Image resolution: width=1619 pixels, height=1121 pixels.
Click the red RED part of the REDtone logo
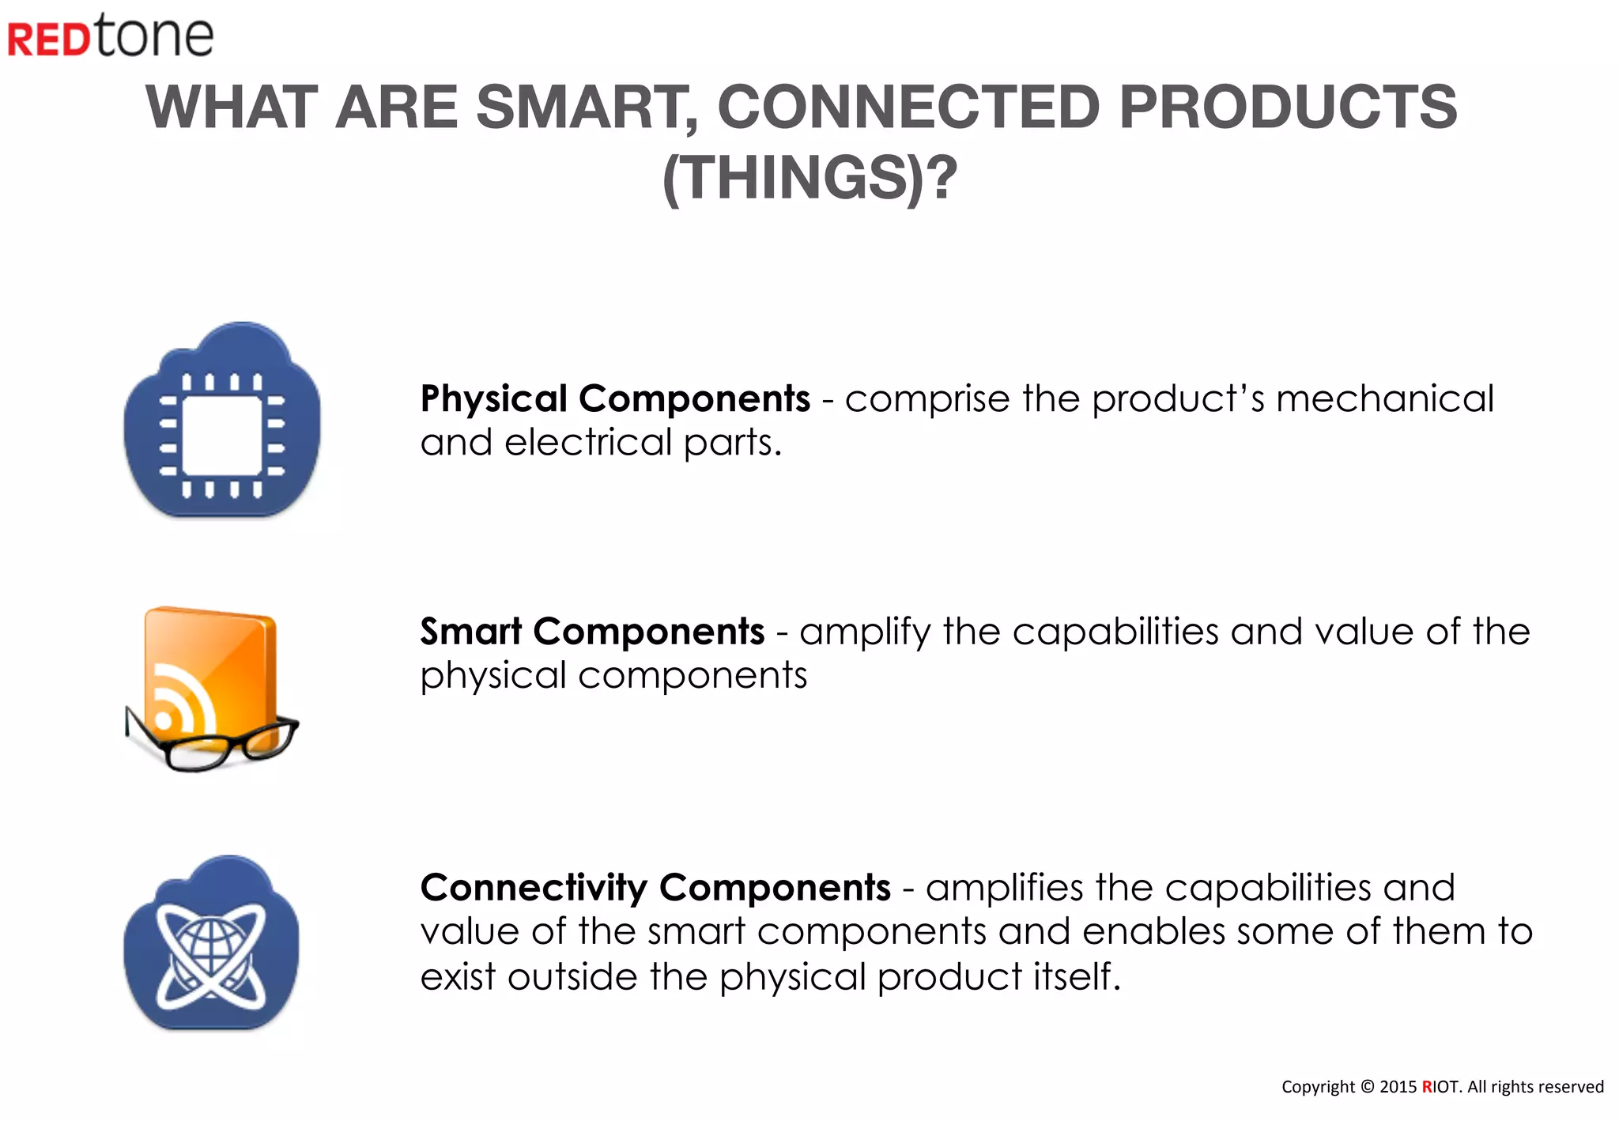pos(49,40)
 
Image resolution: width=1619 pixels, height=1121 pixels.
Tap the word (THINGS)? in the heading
pos(809,177)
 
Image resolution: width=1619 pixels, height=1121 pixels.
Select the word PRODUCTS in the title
pos(1288,108)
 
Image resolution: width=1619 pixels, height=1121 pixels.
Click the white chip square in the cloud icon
pos(222,435)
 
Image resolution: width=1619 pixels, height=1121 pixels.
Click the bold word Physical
pos(493,398)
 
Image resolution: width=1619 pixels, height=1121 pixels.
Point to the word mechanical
pos(1384,398)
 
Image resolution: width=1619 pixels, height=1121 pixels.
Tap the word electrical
pos(588,442)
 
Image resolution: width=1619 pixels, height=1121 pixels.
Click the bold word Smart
pos(470,632)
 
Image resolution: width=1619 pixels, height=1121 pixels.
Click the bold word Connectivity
pos(534,888)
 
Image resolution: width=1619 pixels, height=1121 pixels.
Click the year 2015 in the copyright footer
pos(1398,1087)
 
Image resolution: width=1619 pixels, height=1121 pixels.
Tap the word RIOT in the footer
pos(1440,1087)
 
